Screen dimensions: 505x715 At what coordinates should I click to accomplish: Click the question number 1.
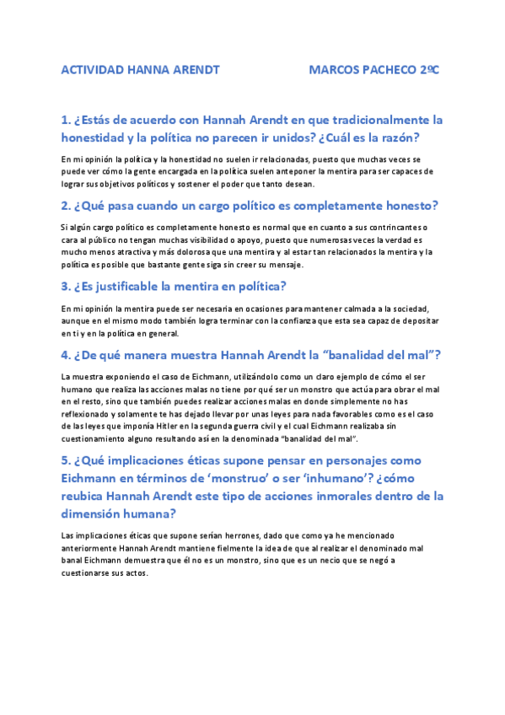coord(65,120)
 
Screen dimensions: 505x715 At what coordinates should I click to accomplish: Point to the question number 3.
coord(65,286)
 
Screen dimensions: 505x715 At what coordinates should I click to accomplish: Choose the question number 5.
coord(65,460)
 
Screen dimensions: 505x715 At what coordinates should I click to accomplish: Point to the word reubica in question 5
coord(89,496)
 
